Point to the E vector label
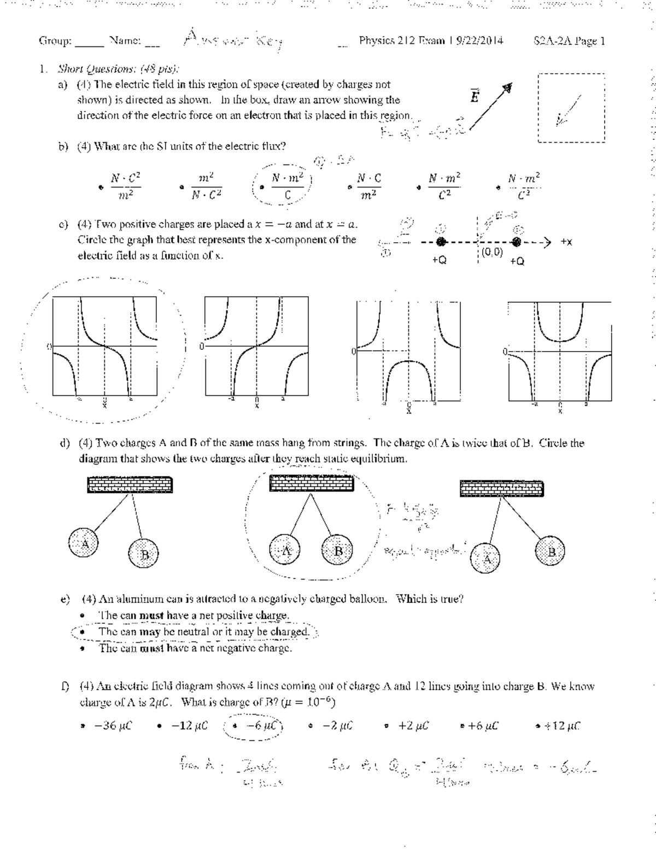(475, 97)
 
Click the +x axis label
(567, 242)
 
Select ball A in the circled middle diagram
(285, 551)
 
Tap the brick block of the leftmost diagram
(130, 485)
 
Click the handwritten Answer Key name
(232, 39)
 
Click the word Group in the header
(55, 40)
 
